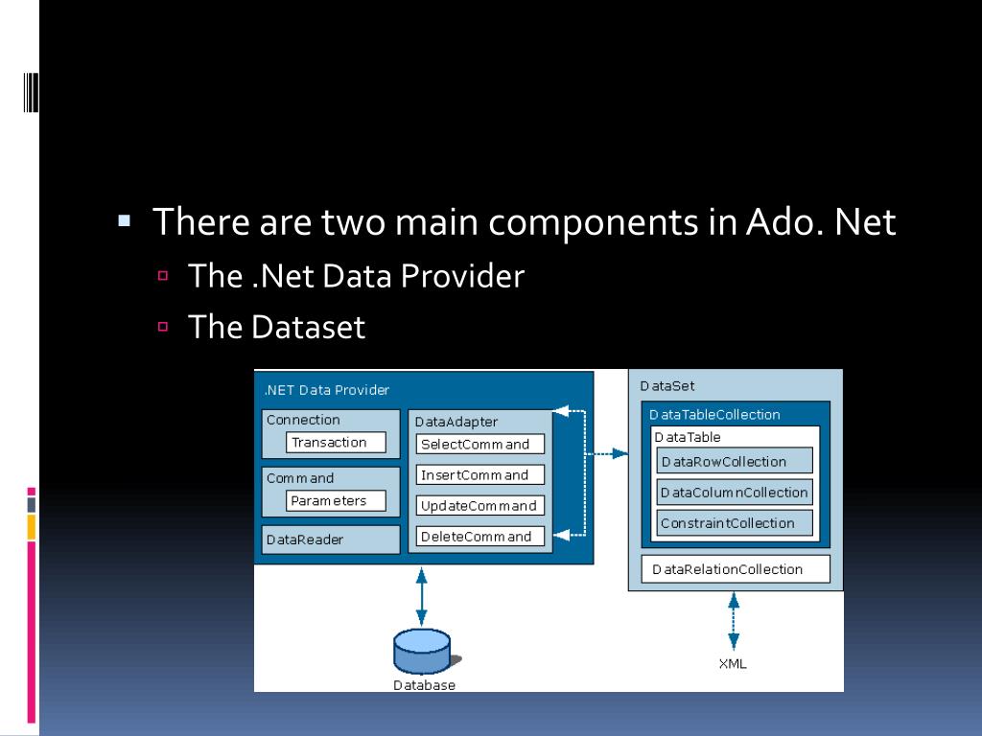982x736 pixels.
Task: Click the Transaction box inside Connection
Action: [x=336, y=442]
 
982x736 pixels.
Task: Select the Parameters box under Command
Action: [x=336, y=500]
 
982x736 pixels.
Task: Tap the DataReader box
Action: [x=331, y=540]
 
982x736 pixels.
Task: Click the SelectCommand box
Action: [x=480, y=444]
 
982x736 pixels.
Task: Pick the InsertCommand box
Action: [x=480, y=474]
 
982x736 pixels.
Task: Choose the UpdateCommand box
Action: [x=480, y=505]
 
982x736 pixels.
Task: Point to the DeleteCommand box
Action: [x=480, y=536]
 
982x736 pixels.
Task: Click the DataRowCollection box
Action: [x=735, y=461]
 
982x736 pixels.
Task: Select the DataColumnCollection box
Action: [x=735, y=492]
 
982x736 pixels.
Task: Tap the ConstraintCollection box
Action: [x=735, y=522]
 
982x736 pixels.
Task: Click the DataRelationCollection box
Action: [x=735, y=568]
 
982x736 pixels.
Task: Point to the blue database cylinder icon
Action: [x=422, y=652]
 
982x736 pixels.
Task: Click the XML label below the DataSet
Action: [x=733, y=663]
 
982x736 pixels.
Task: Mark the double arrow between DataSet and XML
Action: [x=734, y=621]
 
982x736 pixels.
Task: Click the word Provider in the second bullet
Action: [x=462, y=276]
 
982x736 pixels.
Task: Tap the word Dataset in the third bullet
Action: [x=308, y=327]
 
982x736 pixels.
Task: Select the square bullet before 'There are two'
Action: [x=124, y=219]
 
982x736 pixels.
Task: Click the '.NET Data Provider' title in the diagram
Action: [x=327, y=390]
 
